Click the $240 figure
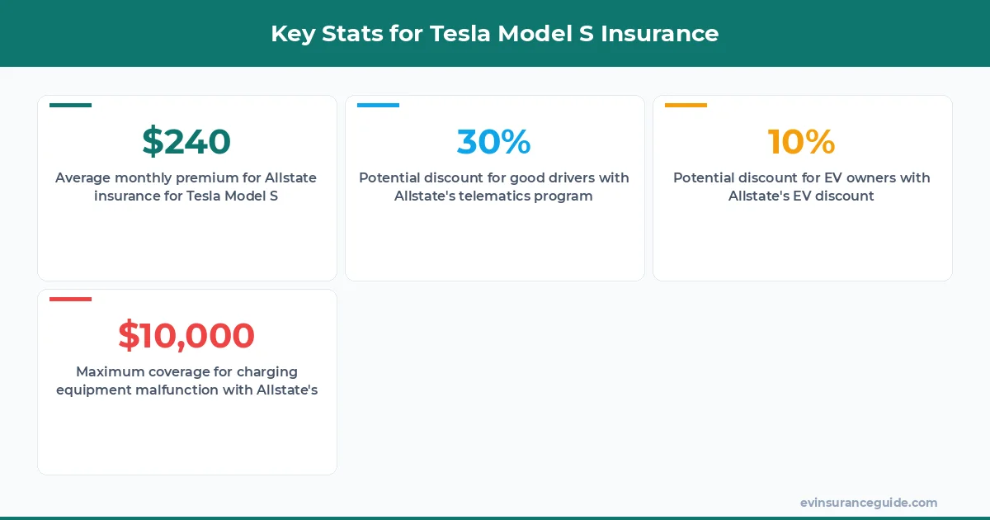186,141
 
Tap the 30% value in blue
493,141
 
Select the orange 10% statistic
801,141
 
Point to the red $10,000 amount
186,335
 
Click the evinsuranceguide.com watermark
868,503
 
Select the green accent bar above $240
70,105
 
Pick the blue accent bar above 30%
378,105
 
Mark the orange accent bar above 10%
686,105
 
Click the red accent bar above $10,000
70,299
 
